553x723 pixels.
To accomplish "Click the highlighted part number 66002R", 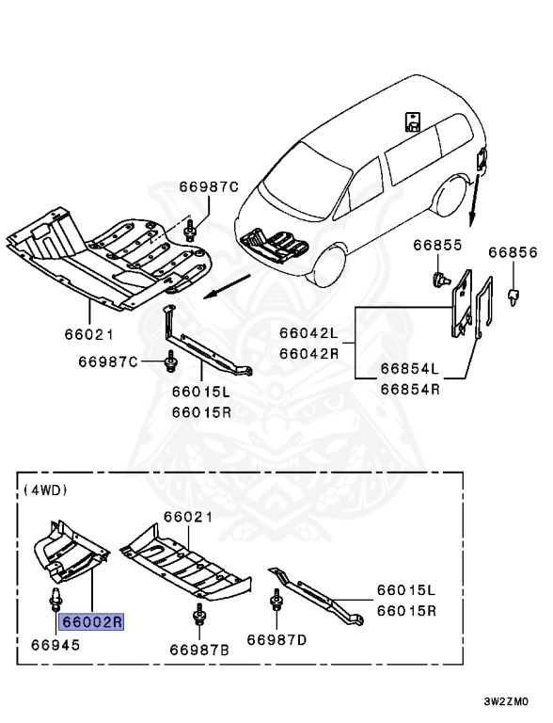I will click(92, 621).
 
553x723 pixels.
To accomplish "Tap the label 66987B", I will click(199, 650).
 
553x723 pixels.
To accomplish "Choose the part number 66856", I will click(512, 253).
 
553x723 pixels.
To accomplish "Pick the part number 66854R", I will click(409, 386).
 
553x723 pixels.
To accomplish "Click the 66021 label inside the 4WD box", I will click(187, 517).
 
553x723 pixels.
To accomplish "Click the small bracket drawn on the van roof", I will click(412, 121).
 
